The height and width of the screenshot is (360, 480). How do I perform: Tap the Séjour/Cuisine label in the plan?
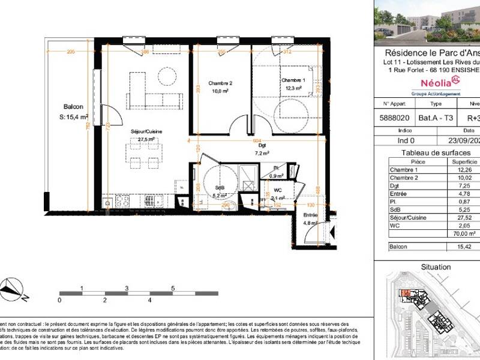coord(143,131)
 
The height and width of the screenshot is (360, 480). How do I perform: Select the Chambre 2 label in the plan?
coord(220,83)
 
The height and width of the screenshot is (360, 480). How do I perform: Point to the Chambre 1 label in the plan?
coord(293,80)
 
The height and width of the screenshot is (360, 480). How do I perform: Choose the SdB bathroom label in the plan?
coord(220,187)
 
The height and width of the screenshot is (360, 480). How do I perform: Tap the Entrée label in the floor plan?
coord(311,215)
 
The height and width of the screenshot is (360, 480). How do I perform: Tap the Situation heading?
coord(436,266)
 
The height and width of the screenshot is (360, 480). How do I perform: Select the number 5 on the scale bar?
coord(173,289)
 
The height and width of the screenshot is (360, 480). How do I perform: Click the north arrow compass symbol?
coord(13,290)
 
